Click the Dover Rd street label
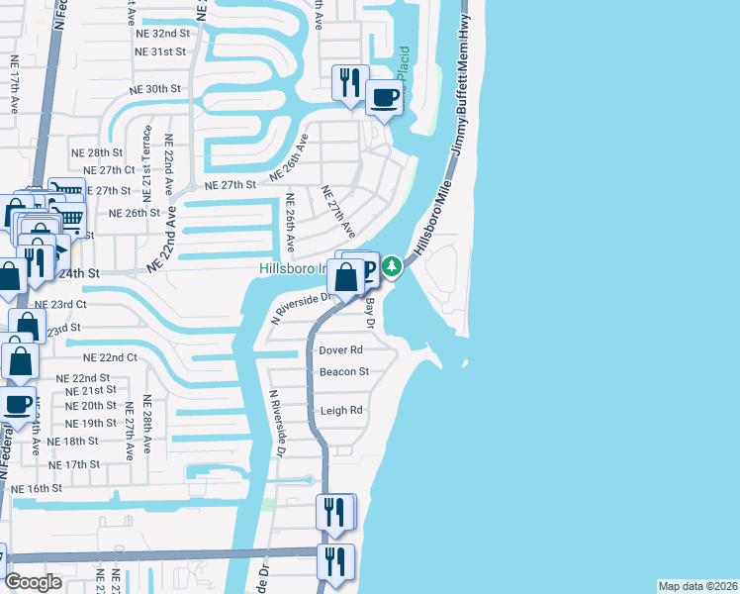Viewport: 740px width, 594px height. [x=341, y=350]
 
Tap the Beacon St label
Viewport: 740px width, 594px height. [x=344, y=372]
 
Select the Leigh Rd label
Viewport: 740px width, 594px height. [x=341, y=410]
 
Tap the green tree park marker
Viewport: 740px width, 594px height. [x=392, y=266]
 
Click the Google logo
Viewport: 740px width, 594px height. [x=34, y=582]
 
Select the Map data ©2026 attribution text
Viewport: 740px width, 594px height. [x=697, y=586]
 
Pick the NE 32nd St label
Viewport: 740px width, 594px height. [x=162, y=33]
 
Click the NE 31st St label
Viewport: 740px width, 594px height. [x=162, y=51]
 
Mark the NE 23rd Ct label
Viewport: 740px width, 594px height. [x=60, y=304]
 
